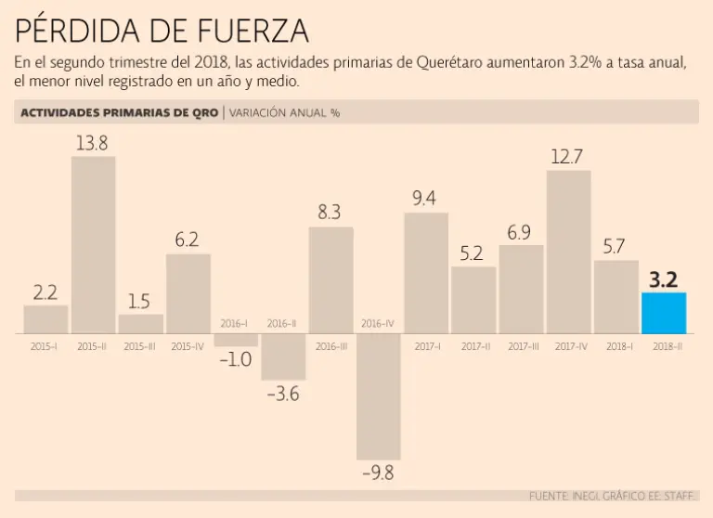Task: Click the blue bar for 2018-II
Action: pyautogui.click(x=664, y=313)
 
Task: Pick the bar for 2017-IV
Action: pyautogui.click(x=568, y=251)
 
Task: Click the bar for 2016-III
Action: pyautogui.click(x=331, y=279)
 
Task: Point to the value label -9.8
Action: pyautogui.click(x=379, y=473)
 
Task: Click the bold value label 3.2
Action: pyautogui.click(x=664, y=278)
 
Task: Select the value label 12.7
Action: pyautogui.click(x=567, y=156)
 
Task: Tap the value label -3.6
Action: pyautogui.click(x=283, y=394)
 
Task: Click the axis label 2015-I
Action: pyautogui.click(x=45, y=346)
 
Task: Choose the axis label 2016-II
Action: pyautogui.click(x=282, y=323)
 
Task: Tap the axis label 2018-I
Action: pyautogui.click(x=616, y=346)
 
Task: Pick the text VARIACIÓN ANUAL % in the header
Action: pyautogui.click(x=284, y=112)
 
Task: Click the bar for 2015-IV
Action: pyautogui.click(x=188, y=293)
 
